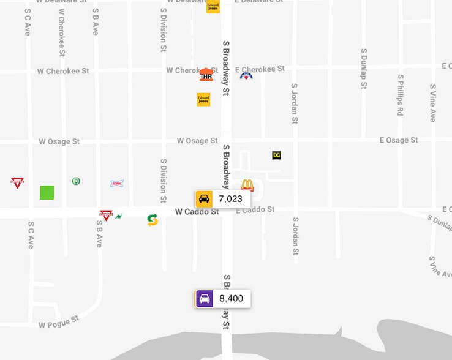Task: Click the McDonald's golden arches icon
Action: pos(247,185)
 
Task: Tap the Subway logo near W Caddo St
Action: pos(153,220)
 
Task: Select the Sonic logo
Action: pos(117,183)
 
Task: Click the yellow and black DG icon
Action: pos(276,156)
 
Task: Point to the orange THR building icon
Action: pos(206,75)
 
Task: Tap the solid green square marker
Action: pos(47,192)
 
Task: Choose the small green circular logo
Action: pos(76,181)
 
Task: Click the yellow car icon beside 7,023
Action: pos(204,199)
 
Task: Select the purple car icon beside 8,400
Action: pos(205,299)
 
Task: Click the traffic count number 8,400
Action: pos(231,299)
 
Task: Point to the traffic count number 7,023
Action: pos(230,199)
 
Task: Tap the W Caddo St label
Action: pos(197,212)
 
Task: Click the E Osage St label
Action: pos(399,140)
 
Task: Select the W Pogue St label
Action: pos(59,321)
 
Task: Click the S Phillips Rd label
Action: pos(400,95)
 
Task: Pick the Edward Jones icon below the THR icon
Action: pos(203,99)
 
